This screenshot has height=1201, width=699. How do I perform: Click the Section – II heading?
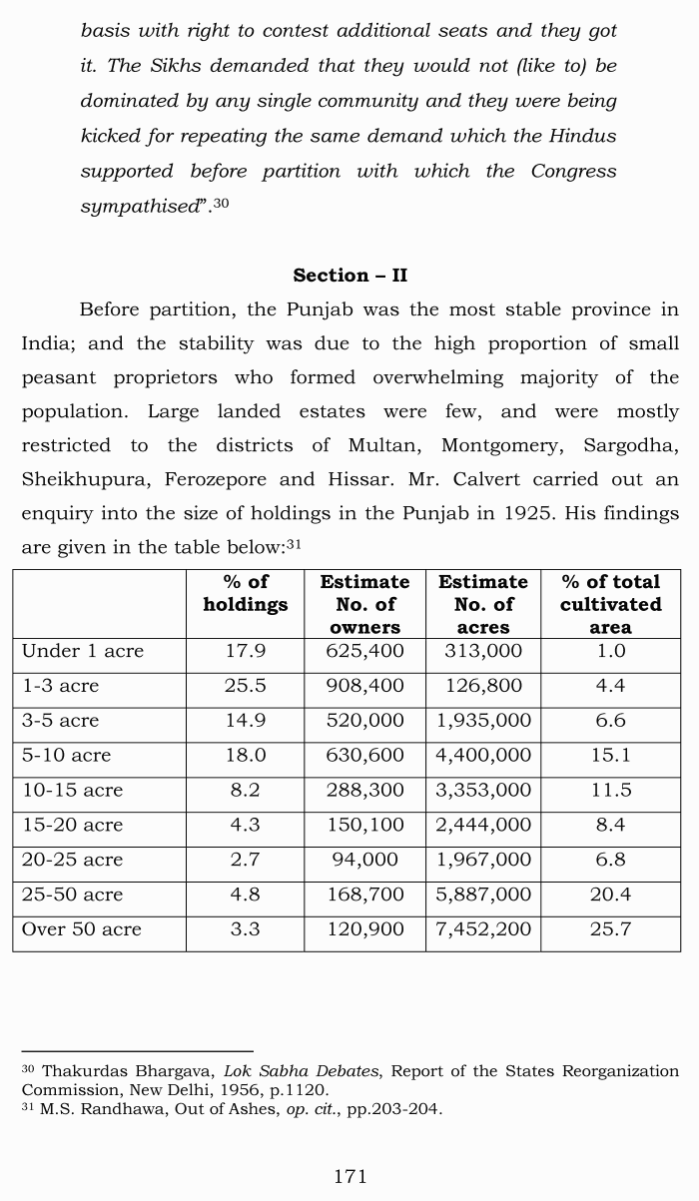coord(349,276)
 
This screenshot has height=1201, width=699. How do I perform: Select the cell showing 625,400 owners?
coord(364,651)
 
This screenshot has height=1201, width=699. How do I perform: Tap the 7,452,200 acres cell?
coord(483,929)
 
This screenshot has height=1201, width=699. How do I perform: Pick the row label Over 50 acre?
coord(82,929)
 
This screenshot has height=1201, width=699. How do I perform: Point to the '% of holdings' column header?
coord(245,593)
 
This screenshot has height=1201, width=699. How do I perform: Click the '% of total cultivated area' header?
coord(610,604)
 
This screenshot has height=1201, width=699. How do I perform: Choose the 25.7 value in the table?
coord(610,929)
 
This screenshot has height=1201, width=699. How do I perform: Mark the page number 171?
coord(349,1177)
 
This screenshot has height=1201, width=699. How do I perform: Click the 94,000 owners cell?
coord(364,860)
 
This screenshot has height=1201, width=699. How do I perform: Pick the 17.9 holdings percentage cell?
coord(245,651)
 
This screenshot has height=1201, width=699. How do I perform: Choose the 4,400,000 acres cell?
coord(483,755)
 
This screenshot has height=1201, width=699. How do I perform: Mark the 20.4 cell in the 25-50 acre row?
coord(610,895)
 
